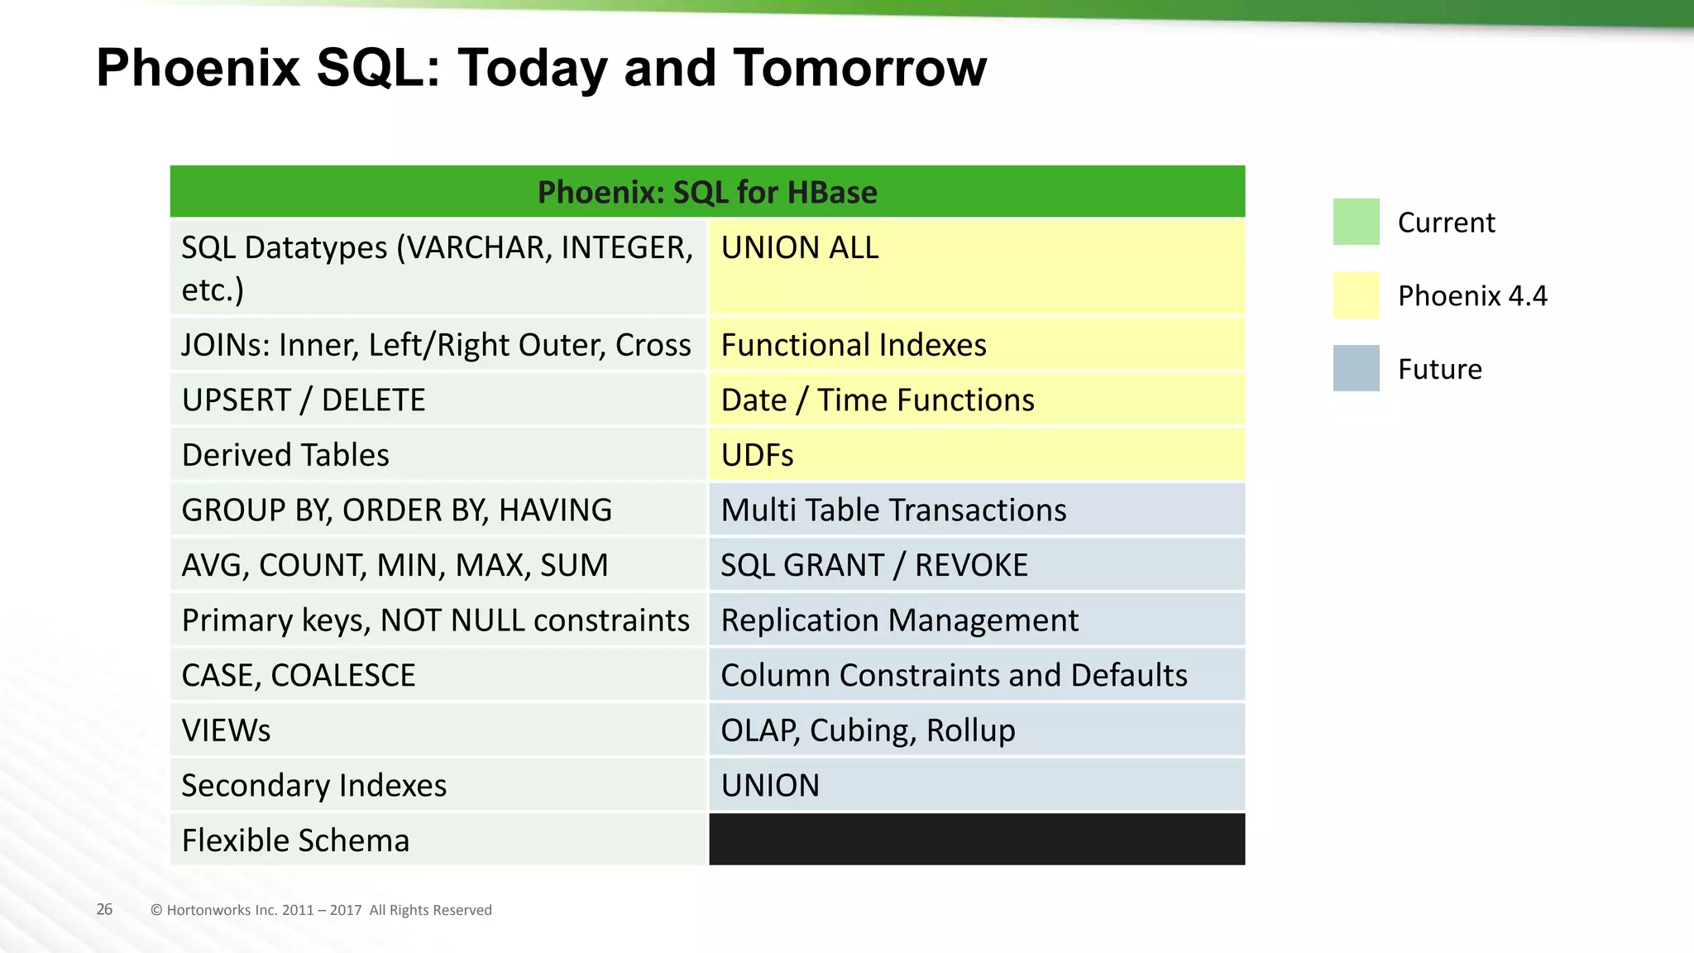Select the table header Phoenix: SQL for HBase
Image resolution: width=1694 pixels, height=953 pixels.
(x=707, y=192)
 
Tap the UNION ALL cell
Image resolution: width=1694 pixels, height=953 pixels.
(x=976, y=266)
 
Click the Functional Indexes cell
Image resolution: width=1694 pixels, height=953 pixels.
(x=976, y=344)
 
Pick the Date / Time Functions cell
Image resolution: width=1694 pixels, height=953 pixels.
(x=976, y=400)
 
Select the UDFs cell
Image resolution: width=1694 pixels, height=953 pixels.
(x=976, y=454)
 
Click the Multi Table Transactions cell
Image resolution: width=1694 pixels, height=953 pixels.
(x=976, y=510)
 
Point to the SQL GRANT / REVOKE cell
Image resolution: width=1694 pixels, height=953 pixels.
(x=976, y=565)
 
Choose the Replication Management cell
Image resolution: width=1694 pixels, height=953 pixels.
(x=976, y=620)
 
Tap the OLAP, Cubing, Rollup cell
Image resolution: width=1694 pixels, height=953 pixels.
(x=976, y=730)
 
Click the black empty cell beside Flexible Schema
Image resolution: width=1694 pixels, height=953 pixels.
(x=976, y=840)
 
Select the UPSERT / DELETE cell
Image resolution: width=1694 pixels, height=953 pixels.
(x=438, y=400)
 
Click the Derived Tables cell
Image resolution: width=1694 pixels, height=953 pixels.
(x=438, y=454)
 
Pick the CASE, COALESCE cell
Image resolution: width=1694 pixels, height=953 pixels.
(x=438, y=675)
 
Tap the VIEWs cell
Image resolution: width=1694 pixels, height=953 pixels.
(x=438, y=730)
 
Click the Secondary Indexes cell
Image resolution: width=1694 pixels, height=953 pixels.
(x=438, y=785)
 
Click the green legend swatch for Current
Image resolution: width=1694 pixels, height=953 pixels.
(x=1356, y=222)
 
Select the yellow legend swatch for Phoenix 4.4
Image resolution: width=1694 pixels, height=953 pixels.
(x=1356, y=295)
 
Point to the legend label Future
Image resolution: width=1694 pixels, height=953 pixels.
(x=1439, y=369)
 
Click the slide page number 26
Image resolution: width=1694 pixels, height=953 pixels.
(x=104, y=909)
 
